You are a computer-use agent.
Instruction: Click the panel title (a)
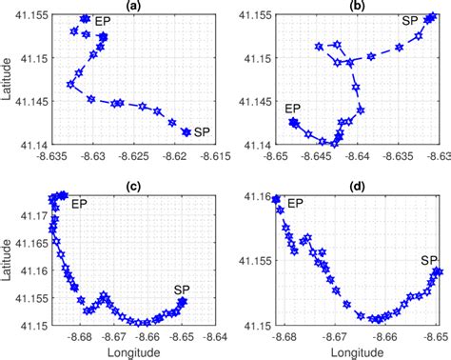[x=135, y=6]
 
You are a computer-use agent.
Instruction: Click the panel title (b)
[x=358, y=6]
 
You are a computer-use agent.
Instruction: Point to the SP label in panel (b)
[x=409, y=20]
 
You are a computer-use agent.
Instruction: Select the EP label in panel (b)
[x=293, y=109]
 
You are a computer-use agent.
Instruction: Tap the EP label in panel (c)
[x=86, y=202]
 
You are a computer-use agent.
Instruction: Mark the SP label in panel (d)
[x=429, y=259]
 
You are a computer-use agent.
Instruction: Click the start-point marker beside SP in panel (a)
[x=186, y=132]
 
